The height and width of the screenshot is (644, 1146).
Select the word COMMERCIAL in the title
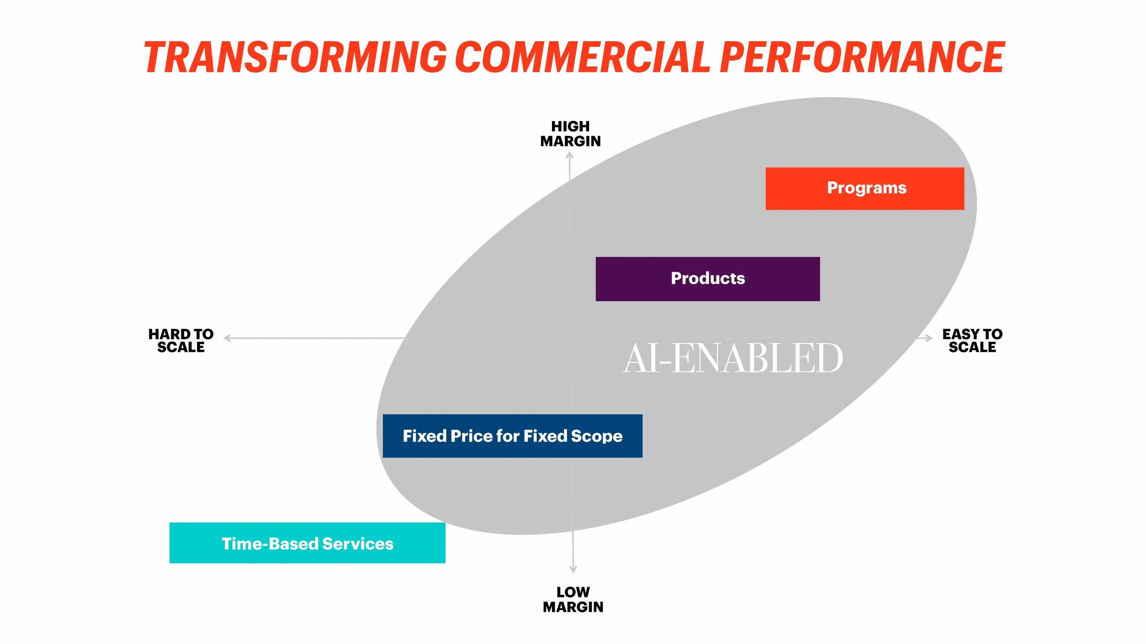click(x=582, y=57)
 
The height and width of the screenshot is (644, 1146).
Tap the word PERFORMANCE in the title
click(x=862, y=57)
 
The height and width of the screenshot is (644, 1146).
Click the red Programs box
click(x=865, y=188)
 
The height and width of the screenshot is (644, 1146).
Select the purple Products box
click(x=707, y=278)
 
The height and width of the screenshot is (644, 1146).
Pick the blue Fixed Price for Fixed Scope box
click(x=512, y=436)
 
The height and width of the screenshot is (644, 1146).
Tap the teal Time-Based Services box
click(x=307, y=543)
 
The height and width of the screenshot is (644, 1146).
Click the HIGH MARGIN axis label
click(x=570, y=134)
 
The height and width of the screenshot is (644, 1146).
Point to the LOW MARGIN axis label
click(x=573, y=599)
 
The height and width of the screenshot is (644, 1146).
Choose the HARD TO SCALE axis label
click(x=181, y=340)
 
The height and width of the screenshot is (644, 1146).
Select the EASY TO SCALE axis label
click(x=972, y=340)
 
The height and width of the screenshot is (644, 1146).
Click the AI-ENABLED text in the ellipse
click(x=732, y=358)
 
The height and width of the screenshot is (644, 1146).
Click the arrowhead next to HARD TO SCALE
click(x=226, y=338)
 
